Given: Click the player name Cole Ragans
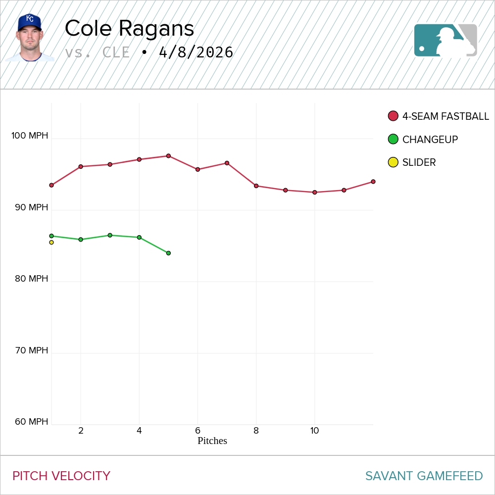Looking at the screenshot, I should pyautogui.click(x=129, y=29).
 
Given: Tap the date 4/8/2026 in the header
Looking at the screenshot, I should pyautogui.click(x=196, y=52).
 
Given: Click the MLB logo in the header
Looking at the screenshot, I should pyautogui.click(x=445, y=40).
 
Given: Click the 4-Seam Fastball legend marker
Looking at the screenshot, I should pyautogui.click(x=393, y=116).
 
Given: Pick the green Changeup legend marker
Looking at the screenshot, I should pyautogui.click(x=393, y=140).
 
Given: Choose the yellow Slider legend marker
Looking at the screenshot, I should pyautogui.click(x=393, y=162).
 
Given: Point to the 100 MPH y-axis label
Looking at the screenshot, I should pyautogui.click(x=30, y=136).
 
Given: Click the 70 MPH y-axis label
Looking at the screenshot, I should pyautogui.click(x=32, y=350).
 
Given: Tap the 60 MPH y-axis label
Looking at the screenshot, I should pyautogui.click(x=32, y=422).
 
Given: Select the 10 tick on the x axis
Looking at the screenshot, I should pyautogui.click(x=314, y=431).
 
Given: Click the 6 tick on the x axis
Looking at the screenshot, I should pyautogui.click(x=198, y=431).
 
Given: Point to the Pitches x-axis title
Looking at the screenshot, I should pyautogui.click(x=212, y=441).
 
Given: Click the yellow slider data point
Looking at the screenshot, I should pyautogui.click(x=51, y=243).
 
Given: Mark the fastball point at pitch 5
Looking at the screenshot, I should pyautogui.click(x=168, y=156).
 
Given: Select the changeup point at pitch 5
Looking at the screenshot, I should pyautogui.click(x=168, y=253).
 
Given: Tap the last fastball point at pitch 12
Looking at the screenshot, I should pyautogui.click(x=373, y=182).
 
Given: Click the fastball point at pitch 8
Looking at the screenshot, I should pyautogui.click(x=256, y=186).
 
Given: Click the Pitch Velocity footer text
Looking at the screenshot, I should pyautogui.click(x=61, y=476).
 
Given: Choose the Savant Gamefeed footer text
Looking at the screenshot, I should pyautogui.click(x=424, y=476).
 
